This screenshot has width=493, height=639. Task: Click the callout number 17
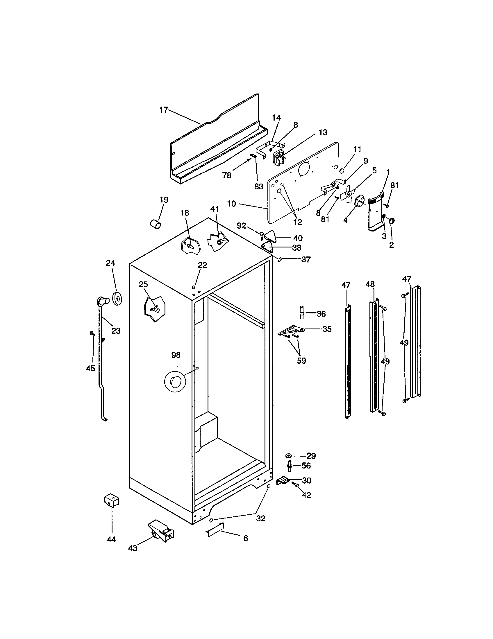[163, 110]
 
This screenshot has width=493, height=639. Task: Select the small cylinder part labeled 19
[156, 225]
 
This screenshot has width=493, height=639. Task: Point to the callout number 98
[176, 355]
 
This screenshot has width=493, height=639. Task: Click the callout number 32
[260, 518]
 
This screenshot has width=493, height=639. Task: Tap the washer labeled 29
[288, 455]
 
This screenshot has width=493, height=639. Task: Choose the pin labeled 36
[301, 313]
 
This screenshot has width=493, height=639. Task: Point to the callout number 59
[301, 361]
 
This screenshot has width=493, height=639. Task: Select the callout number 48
[370, 284]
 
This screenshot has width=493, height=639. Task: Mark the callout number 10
[231, 204]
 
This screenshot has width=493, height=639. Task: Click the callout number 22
[202, 265]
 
